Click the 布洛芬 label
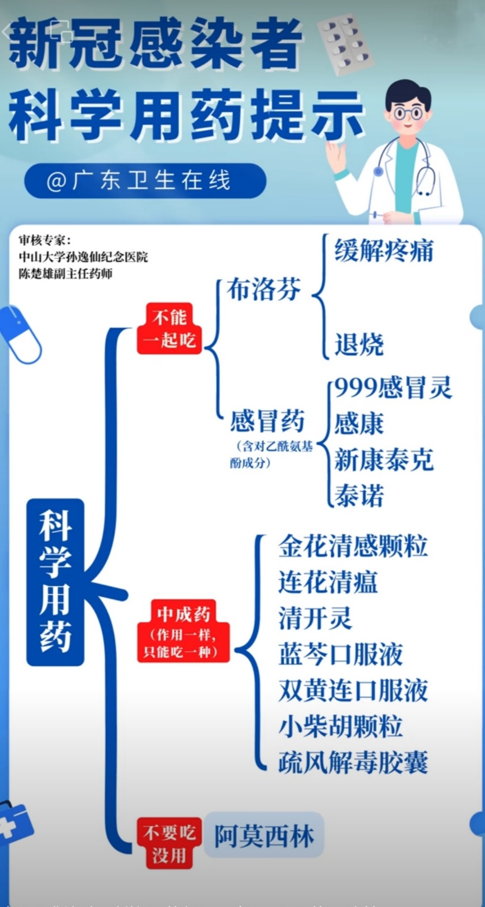tap(263, 290)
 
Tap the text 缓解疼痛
tap(384, 251)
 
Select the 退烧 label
tap(359, 345)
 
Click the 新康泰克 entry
tap(384, 460)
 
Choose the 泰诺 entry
tap(359, 496)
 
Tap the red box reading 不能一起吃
tap(169, 328)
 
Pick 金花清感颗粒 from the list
tap(353, 546)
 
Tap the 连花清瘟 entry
tap(328, 582)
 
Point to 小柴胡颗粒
tap(340, 726)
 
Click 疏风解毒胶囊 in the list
tap(353, 762)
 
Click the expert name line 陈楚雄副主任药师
tap(66, 273)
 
